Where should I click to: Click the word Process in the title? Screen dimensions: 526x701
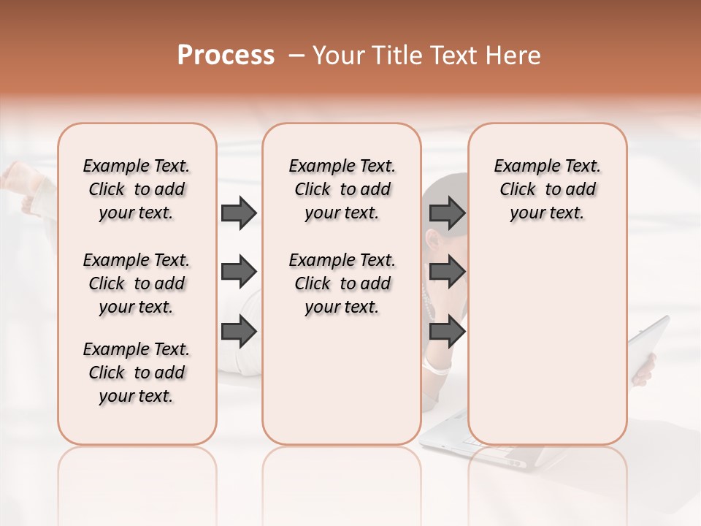click(x=226, y=56)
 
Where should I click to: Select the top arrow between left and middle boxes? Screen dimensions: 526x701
click(x=239, y=213)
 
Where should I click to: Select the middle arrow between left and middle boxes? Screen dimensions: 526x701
click(x=239, y=272)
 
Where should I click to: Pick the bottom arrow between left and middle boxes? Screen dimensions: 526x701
click(x=239, y=332)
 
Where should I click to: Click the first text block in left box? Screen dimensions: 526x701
click(x=137, y=189)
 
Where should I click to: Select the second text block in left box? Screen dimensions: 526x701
click(x=137, y=283)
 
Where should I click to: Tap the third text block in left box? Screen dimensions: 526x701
click(x=137, y=373)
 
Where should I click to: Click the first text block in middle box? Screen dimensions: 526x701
click(x=342, y=189)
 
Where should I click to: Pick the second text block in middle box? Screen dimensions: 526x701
click(x=342, y=283)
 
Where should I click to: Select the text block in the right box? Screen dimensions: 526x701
click(x=547, y=189)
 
